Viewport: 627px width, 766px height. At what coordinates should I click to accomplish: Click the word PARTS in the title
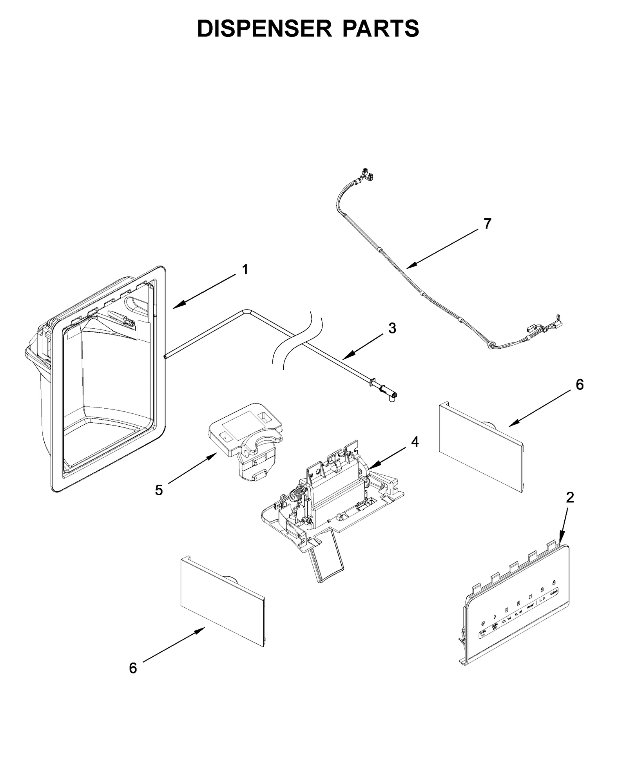click(381, 29)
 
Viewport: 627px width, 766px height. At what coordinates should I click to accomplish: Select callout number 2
click(570, 497)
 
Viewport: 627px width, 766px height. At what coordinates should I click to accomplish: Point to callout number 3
click(392, 328)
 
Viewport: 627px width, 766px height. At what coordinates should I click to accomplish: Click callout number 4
click(415, 442)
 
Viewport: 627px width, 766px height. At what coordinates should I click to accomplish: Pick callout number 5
click(159, 490)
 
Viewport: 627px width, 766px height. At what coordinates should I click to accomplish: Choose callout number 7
click(487, 224)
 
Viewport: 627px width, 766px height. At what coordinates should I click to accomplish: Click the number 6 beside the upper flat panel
click(580, 385)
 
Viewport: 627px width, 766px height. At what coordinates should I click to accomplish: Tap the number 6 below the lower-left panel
click(133, 668)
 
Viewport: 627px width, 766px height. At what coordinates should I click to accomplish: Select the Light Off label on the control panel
click(495, 626)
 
